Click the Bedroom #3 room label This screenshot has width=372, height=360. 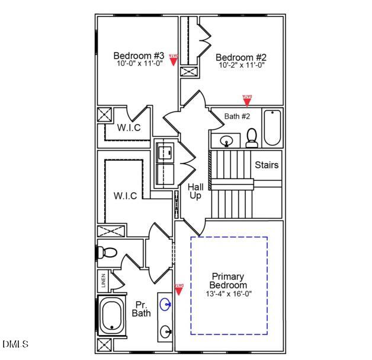pos(139,56)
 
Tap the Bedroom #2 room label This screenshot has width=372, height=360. pos(241,58)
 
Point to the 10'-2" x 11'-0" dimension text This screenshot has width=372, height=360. pos(241,65)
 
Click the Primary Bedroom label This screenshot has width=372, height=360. pos(228,281)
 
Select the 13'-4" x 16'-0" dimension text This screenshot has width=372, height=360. pos(228,294)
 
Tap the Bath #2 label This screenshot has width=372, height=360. pos(237,116)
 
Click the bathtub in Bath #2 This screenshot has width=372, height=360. pos(272,128)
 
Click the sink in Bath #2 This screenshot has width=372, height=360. pos(226,141)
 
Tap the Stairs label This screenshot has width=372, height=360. pos(267,165)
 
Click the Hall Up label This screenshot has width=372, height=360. pos(196,191)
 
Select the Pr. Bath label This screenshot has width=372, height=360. pos(141,309)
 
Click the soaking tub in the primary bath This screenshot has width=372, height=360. pos(112,316)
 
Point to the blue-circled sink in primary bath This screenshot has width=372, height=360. pos(165,305)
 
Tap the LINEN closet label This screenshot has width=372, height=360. pos(103,280)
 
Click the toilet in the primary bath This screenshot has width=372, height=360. pos(107,251)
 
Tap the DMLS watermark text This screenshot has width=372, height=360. pos(15,344)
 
